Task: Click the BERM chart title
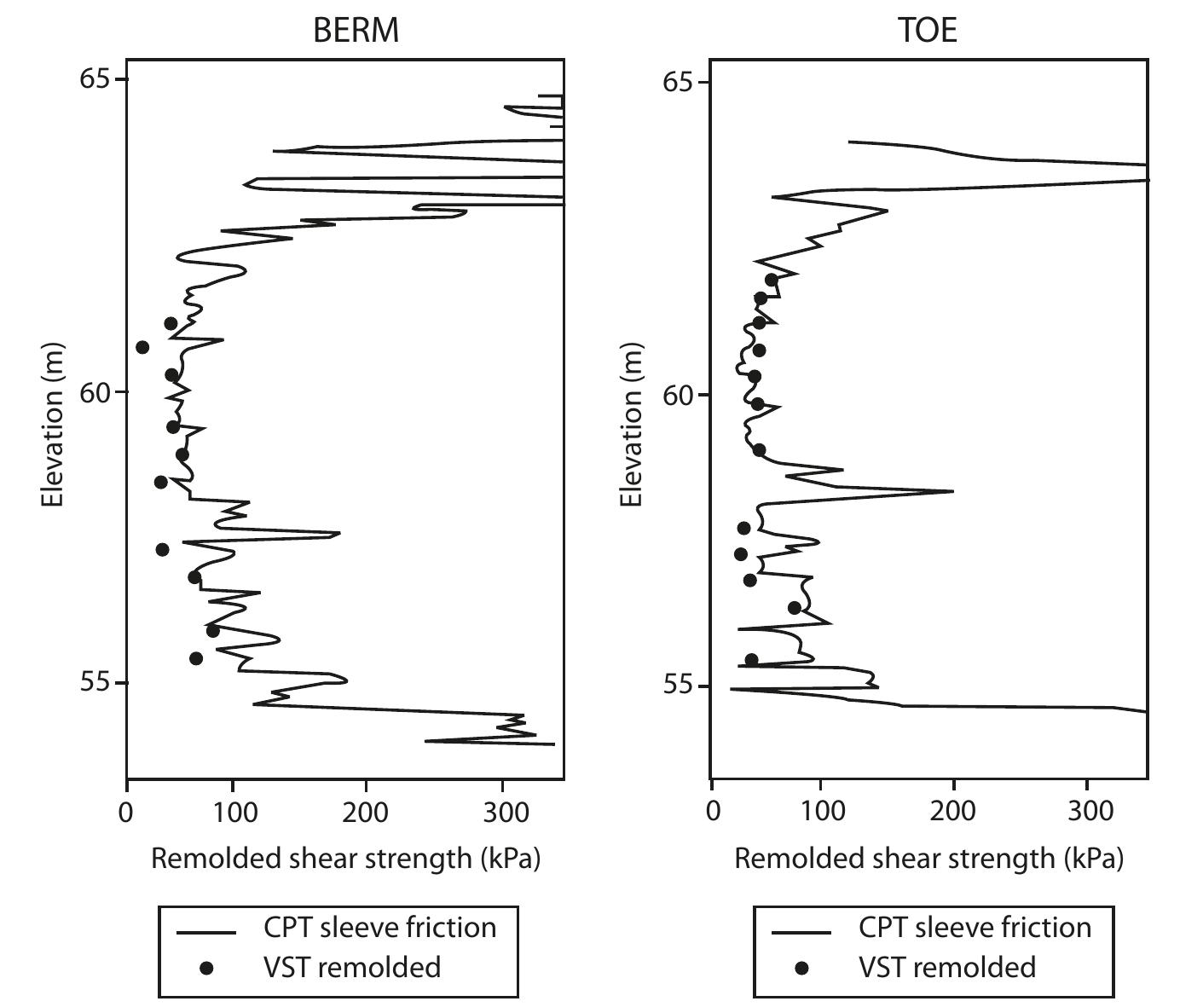(x=356, y=31)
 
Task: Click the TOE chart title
(x=928, y=31)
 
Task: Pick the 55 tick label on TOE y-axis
(x=676, y=686)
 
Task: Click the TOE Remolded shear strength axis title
(x=928, y=859)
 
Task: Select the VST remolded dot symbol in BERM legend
(x=205, y=968)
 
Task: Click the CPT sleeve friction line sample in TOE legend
(x=801, y=933)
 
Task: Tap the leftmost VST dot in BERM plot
(x=142, y=347)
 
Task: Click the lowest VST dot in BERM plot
(x=196, y=658)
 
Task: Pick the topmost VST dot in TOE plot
(x=772, y=280)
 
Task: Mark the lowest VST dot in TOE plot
(x=751, y=660)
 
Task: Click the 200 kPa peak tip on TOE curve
(x=952, y=491)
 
